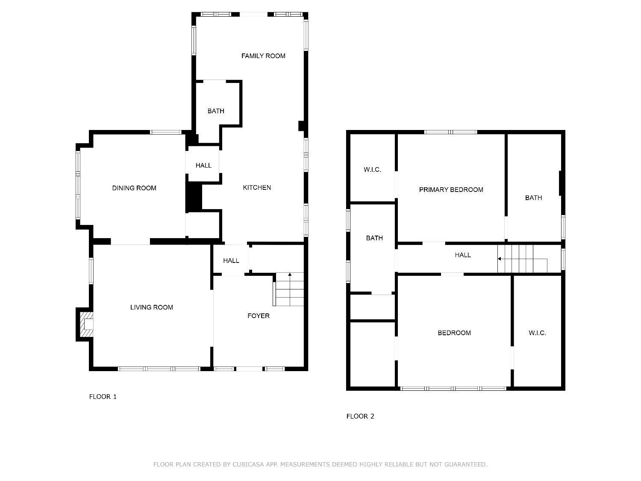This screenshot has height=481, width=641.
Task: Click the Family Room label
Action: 263,56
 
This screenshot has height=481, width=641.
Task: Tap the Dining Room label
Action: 134,188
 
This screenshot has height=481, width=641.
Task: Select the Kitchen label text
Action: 257,188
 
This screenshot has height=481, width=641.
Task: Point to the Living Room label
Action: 152,307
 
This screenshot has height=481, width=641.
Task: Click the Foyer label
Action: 259,316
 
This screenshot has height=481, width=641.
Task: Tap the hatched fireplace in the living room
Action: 87,325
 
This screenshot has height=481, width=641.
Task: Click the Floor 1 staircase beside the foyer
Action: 289,289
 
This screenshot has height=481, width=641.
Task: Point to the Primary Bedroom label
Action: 451,190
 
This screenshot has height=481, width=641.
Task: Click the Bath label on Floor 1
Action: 216,111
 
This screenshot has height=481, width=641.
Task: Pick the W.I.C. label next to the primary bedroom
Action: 372,170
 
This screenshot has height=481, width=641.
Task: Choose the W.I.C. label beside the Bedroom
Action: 537,333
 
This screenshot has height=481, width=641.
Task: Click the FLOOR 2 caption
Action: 360,416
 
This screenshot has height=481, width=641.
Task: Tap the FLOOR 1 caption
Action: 103,397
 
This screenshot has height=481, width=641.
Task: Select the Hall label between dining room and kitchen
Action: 203,165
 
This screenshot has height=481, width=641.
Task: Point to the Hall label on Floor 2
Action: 463,255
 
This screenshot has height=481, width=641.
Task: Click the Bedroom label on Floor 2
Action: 454,333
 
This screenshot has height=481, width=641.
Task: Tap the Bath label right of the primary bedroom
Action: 534,198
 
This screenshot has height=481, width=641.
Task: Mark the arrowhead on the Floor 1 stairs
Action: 290,274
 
